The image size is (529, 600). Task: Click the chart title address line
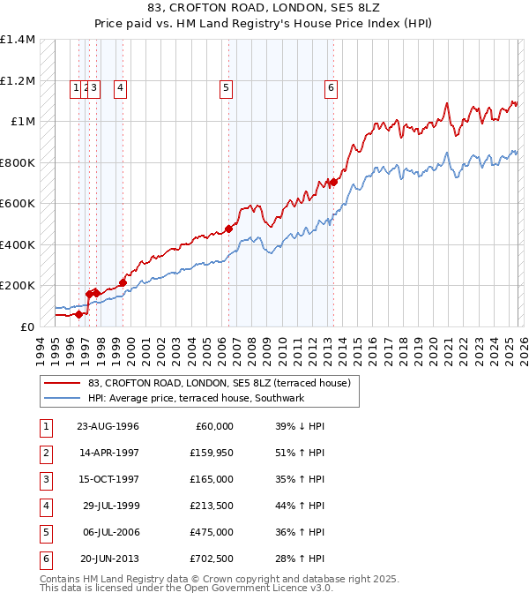coord(264,9)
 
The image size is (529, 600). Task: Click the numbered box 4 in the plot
coord(119,87)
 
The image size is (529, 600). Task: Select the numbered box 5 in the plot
coord(227,87)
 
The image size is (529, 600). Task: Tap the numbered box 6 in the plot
coord(331,87)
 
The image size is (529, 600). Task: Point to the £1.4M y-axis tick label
coord(18,40)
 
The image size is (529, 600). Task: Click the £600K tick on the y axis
coord(18,204)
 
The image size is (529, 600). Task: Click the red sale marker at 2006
coord(228,229)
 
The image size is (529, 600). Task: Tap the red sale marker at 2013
coord(333,182)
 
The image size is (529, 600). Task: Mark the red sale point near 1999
coord(123,282)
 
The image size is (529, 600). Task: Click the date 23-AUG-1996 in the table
coord(108,426)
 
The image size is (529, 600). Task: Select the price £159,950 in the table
coord(211,453)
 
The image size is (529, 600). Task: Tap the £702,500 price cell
coord(211,559)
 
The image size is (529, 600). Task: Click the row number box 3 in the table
coord(44,479)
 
